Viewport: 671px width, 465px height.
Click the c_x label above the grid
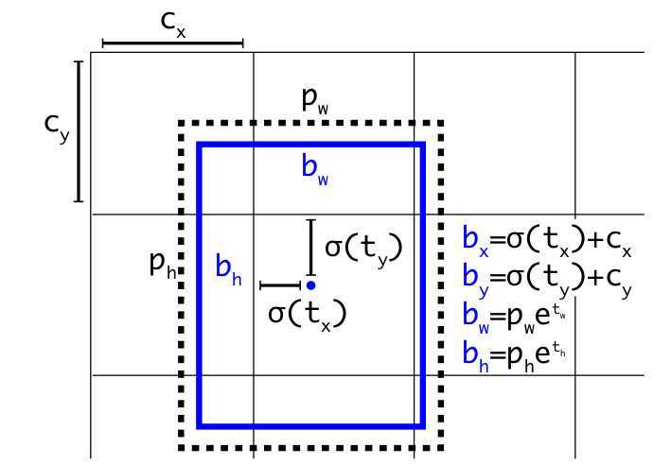pos(173,25)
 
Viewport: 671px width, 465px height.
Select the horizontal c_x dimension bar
pos(172,43)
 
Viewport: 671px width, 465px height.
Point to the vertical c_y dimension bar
pos(79,131)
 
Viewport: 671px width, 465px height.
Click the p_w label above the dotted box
pos(315,102)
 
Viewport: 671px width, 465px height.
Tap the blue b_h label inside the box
pos(228,269)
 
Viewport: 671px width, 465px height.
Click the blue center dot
pos(310,284)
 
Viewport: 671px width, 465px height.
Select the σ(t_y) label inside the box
pos(364,248)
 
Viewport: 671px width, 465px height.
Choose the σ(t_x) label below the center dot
pos(308,313)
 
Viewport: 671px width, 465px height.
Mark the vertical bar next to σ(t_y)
pos(310,247)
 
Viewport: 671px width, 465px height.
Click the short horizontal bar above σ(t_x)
pos(280,284)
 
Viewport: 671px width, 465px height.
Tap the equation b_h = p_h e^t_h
pos(517,353)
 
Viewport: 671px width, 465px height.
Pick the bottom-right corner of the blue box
pos(422,425)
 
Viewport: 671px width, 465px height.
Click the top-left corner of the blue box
pos(199,145)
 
